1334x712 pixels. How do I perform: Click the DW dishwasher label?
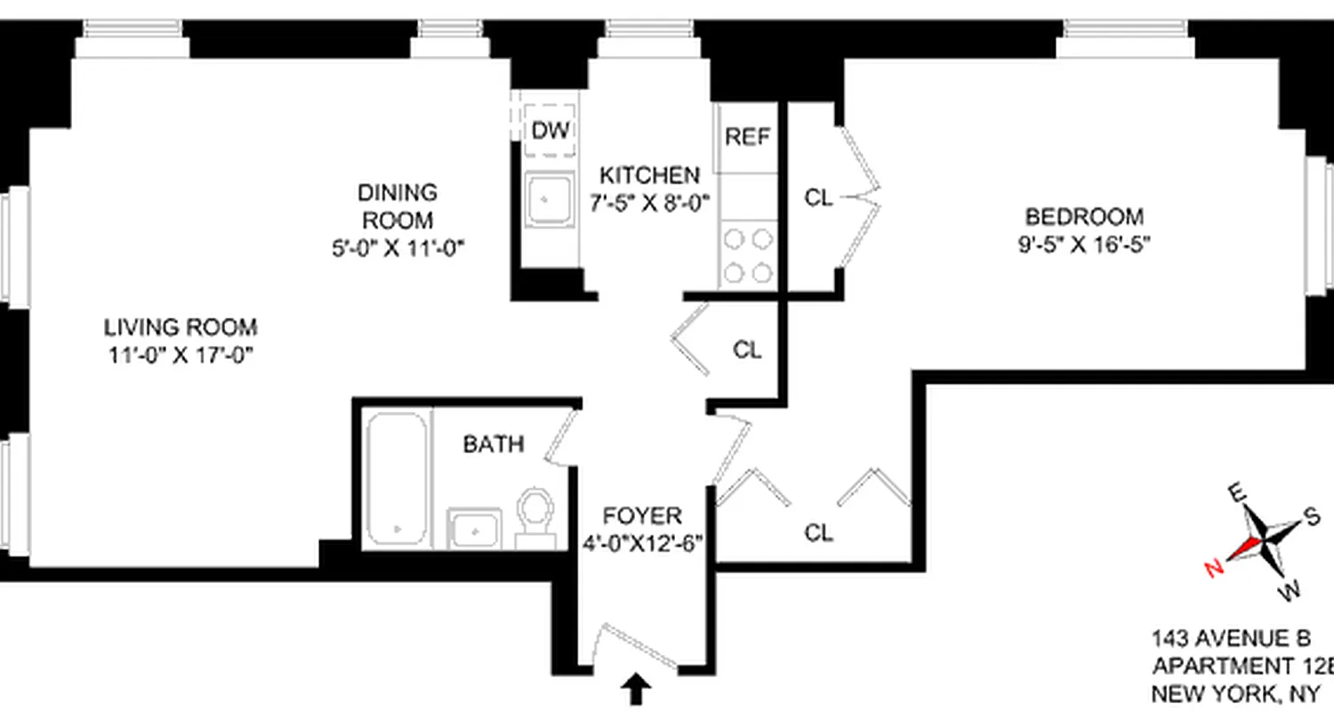click(x=550, y=131)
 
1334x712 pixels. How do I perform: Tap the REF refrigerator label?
click(x=747, y=137)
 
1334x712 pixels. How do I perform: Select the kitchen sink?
click(x=549, y=201)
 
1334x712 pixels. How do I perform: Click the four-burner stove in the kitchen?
click(x=747, y=255)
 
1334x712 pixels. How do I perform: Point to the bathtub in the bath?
click(x=396, y=478)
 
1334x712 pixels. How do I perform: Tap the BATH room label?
click(x=494, y=444)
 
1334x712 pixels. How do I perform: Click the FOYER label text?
click(x=642, y=516)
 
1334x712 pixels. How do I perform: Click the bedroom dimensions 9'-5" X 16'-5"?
click(x=1084, y=244)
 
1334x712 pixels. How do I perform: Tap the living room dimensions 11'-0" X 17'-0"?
click(x=180, y=355)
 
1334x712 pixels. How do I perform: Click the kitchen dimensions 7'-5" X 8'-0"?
click(x=649, y=202)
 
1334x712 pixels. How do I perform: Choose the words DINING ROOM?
click(x=398, y=206)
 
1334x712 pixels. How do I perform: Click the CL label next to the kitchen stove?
click(x=818, y=198)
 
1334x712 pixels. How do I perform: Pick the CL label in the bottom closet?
click(x=818, y=533)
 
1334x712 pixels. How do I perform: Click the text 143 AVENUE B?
click(x=1231, y=638)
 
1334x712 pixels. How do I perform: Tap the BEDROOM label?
click(x=1084, y=216)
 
